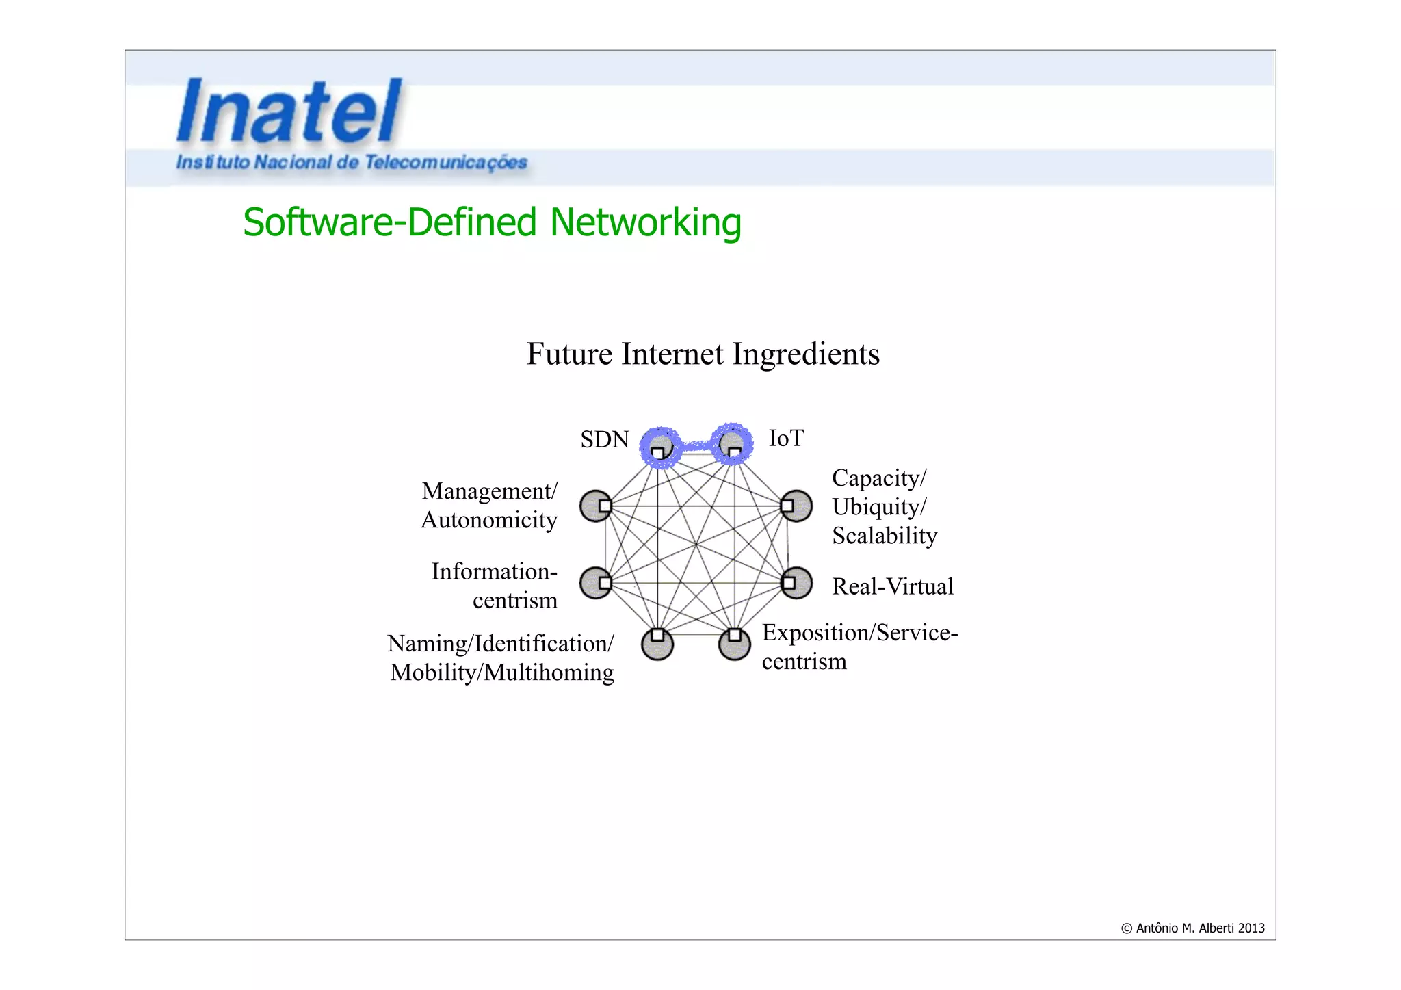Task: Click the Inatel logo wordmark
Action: tap(289, 111)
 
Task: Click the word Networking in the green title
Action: tap(645, 222)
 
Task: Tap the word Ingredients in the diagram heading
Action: tap(806, 354)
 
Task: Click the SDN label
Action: tap(604, 439)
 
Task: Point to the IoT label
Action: tap(786, 438)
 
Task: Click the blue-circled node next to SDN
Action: tap(660, 447)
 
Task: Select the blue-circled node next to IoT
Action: tap(732, 444)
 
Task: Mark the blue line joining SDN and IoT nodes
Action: tap(696, 445)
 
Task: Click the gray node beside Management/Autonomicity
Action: tap(595, 506)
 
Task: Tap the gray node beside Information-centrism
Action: tap(595, 583)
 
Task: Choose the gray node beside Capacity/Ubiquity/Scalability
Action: tap(797, 506)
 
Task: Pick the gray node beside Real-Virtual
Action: tap(797, 583)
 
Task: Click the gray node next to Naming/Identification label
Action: tap(657, 644)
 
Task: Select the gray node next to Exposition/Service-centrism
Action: tap(735, 644)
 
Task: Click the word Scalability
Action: tap(884, 536)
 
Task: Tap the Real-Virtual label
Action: tap(892, 586)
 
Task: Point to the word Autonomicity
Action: tap(489, 520)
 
